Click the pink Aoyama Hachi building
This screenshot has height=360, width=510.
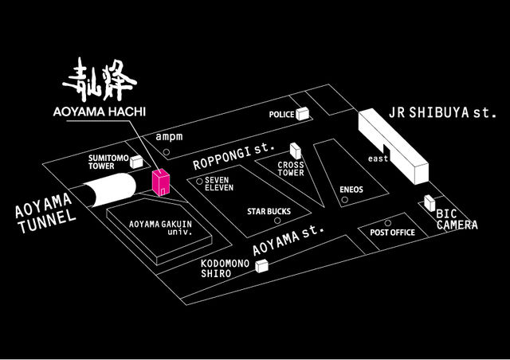160,182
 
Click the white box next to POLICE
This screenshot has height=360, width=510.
302,115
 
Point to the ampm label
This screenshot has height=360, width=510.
170,137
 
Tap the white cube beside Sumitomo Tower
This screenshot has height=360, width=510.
137,162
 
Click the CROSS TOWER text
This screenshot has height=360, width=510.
292,170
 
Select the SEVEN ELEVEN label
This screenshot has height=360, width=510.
218,184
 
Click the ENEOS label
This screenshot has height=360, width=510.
351,190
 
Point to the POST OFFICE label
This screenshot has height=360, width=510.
393,233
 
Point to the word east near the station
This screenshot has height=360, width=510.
378,159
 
